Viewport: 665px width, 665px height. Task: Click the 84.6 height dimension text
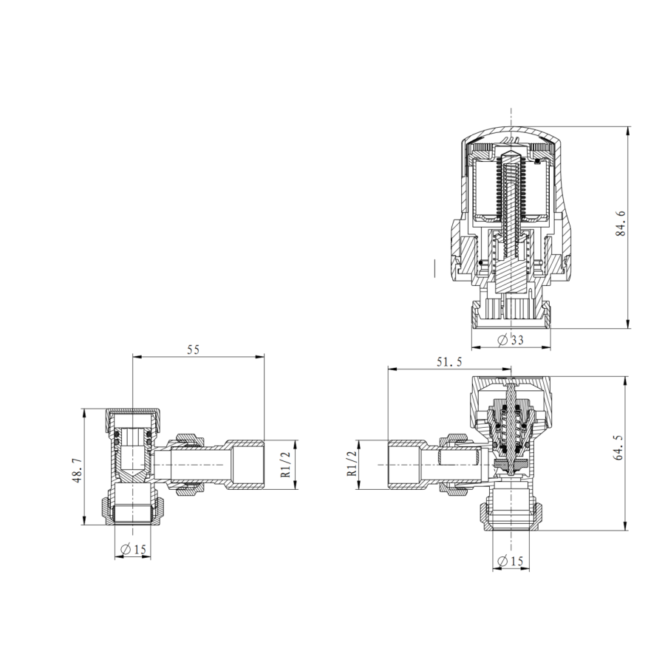point(621,223)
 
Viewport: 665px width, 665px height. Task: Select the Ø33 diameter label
point(511,340)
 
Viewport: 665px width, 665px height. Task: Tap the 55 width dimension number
point(194,349)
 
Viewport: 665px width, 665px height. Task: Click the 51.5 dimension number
point(449,361)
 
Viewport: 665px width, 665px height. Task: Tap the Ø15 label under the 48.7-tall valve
point(132,549)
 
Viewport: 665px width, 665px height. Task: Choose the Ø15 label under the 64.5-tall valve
point(510,562)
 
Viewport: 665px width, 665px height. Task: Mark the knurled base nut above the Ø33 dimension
point(511,315)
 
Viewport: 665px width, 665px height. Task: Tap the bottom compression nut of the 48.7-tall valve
point(133,511)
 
